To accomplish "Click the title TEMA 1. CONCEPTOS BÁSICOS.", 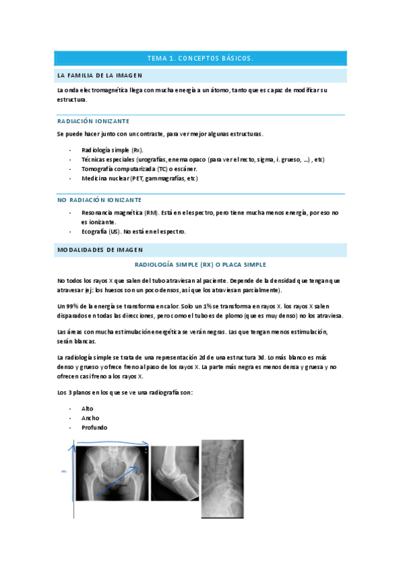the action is tap(200, 58).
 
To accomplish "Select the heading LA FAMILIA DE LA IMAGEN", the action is tap(100, 75).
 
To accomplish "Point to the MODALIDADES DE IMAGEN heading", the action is tap(100, 249).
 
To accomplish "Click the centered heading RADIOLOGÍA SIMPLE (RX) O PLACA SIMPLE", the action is tap(200, 265).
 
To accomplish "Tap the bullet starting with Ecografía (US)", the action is tap(133, 231).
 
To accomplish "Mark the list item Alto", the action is tap(87, 408).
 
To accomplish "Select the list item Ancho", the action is tap(90, 418).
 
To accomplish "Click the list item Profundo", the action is tap(94, 427).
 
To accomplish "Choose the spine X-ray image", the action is tap(223, 477).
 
